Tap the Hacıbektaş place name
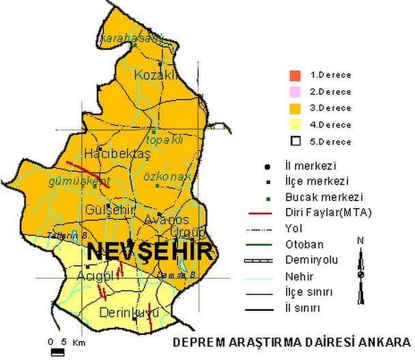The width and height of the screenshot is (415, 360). tap(106, 154)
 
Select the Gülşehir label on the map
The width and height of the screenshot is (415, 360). tap(109, 209)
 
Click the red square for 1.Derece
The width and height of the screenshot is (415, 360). tap(295, 74)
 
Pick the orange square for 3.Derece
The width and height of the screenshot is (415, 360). tap(295, 108)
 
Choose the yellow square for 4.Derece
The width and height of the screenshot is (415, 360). tap(295, 125)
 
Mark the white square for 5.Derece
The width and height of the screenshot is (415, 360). tap(295, 141)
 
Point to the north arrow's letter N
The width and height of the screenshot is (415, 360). tap(360, 240)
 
